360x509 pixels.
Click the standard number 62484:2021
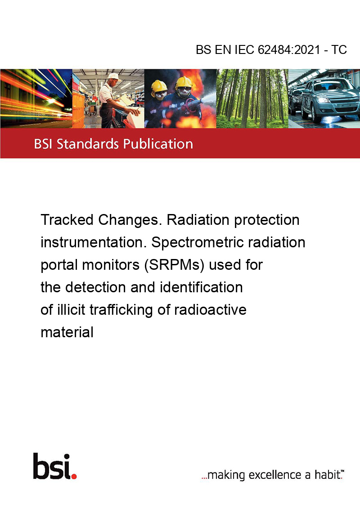[289, 49]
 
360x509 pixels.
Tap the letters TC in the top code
[339, 49]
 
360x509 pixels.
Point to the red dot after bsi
[74, 476]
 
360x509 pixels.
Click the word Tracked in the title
[67, 220]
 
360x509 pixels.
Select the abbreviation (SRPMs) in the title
[174, 264]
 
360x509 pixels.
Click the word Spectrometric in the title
[198, 242]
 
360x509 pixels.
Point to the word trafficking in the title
[121, 310]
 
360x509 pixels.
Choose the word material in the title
[67, 332]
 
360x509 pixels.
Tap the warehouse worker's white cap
[114, 76]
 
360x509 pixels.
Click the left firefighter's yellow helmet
[159, 86]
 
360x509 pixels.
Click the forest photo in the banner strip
[252, 98]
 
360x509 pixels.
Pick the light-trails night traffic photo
[36, 98]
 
